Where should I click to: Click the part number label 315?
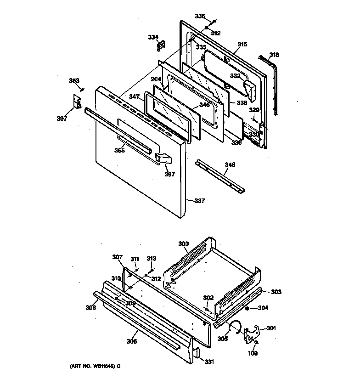point(242,45)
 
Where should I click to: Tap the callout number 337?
point(199,201)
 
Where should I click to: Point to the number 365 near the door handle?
point(120,150)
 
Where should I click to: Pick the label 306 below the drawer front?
point(132,341)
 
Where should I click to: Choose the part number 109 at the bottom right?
point(253,353)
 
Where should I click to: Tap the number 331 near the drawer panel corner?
point(209,362)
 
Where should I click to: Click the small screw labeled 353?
point(83,89)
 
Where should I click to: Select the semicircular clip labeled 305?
point(236,326)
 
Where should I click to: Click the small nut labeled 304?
point(248,308)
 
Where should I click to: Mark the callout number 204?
point(156,79)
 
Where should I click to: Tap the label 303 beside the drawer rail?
point(276,292)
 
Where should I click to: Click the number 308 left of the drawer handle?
point(91,307)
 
